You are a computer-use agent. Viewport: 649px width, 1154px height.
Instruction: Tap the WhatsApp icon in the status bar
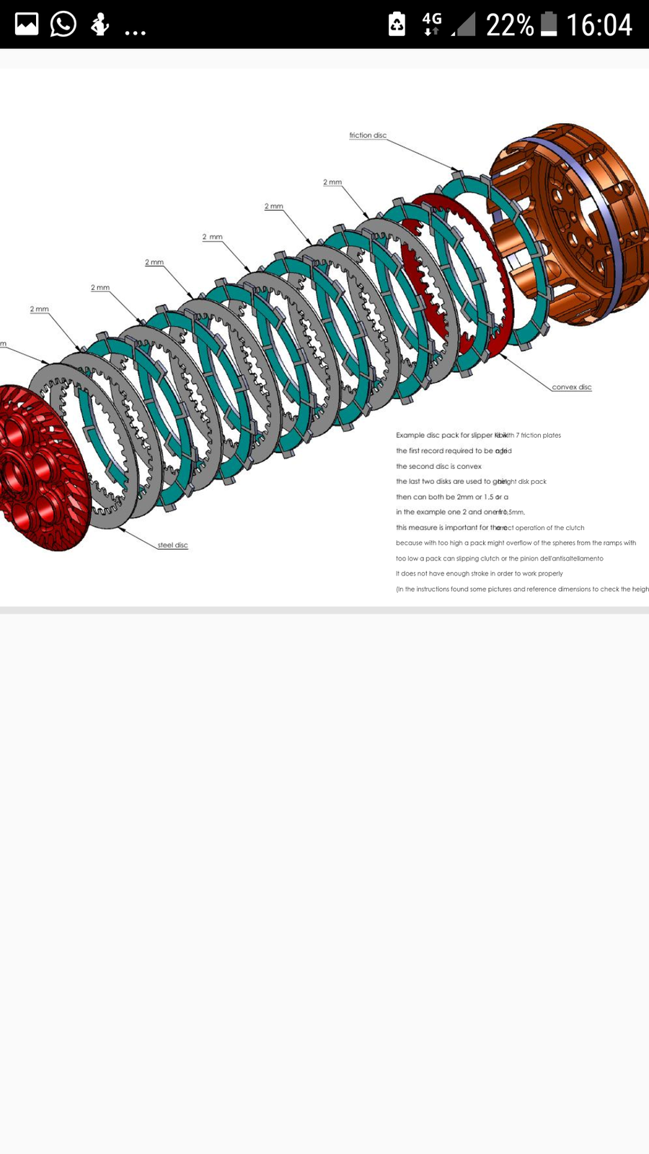click(63, 25)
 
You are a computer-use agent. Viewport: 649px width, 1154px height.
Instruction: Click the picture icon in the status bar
click(27, 25)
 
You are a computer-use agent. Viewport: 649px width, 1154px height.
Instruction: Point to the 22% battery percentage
click(509, 25)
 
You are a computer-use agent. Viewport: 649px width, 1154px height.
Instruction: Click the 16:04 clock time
click(599, 25)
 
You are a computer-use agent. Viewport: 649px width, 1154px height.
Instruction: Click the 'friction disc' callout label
click(368, 136)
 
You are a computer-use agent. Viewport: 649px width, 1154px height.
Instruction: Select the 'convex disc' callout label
click(571, 387)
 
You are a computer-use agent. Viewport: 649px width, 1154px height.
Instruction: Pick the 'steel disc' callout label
click(172, 545)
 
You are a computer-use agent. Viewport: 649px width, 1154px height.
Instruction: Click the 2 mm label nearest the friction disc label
click(332, 182)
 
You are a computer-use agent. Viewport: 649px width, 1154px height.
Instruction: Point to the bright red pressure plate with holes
click(36, 469)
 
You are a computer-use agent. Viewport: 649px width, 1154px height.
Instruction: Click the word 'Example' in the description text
click(410, 436)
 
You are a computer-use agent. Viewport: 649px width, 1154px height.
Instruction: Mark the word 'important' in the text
click(462, 528)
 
